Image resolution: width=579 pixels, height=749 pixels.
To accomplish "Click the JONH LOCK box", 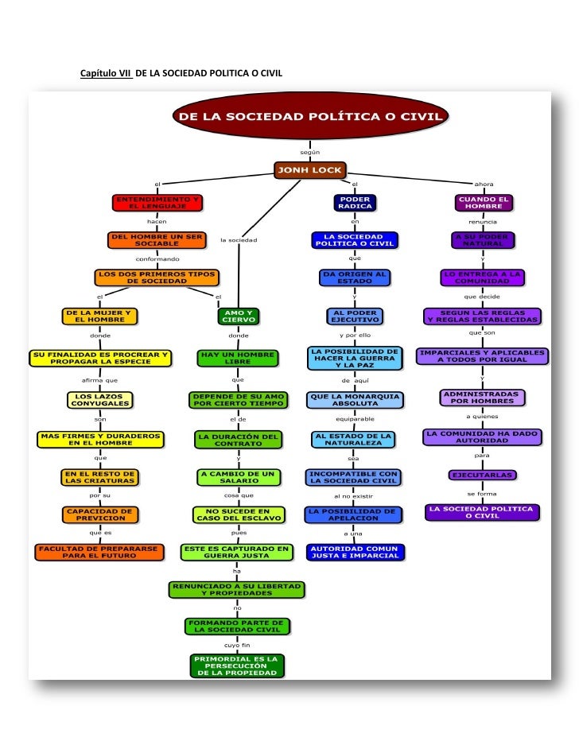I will pos(309,169).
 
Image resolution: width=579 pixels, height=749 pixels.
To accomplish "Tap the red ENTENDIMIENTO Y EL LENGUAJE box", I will pos(157,202).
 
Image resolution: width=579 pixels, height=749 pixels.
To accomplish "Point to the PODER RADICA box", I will pos(355,202).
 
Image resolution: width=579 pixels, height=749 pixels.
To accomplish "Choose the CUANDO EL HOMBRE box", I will pos(483,202).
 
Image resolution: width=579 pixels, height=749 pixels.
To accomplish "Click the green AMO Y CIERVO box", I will pos(238,316).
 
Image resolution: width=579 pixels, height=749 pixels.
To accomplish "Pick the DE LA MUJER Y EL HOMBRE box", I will pos(97,316).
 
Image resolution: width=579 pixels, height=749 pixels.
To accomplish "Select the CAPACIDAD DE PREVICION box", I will pos(100,514).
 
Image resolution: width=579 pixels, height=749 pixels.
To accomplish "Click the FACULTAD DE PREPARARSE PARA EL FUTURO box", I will pos(99,551).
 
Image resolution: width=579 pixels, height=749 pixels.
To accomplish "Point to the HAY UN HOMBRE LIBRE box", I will pos(237,358).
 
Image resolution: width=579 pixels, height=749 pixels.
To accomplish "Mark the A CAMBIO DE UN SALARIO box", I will pos(237,477).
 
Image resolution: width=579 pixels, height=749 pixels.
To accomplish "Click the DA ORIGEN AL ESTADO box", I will pos(355,277).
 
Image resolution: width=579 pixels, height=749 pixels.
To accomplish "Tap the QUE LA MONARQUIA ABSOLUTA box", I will pos(355,399).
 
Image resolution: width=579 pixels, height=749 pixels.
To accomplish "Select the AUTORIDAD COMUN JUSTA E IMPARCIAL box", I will pos(356,552).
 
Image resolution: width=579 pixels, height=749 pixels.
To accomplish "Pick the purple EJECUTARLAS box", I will pos(482,475).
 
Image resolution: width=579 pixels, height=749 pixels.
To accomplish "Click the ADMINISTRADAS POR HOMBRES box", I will pos(482,397).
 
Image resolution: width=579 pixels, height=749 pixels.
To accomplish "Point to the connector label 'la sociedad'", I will pos(239,239).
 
